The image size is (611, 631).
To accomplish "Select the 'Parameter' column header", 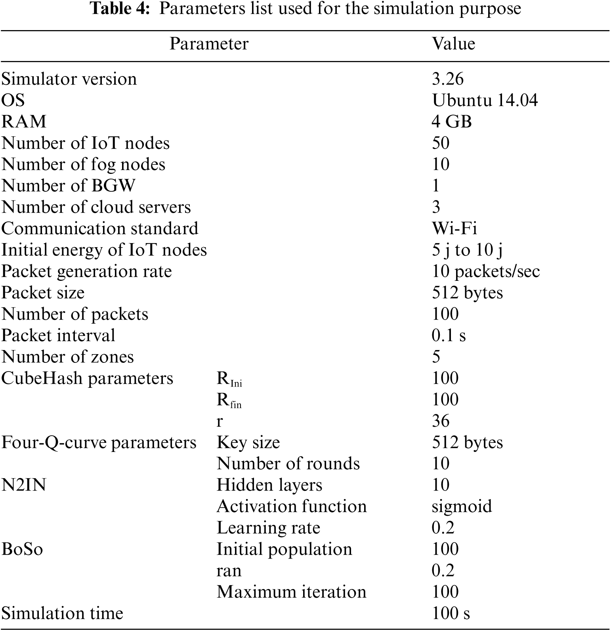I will point(209,44).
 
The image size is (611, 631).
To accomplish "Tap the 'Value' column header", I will point(453,44).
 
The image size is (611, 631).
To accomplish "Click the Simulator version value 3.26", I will point(447,79).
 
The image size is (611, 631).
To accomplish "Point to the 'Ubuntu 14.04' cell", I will point(485,100).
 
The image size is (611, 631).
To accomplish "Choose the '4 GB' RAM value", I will point(451,122).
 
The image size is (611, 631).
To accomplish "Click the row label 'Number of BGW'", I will point(68,186).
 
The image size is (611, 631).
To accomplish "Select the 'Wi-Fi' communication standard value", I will point(454,229).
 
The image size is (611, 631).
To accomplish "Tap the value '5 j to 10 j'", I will point(467,250).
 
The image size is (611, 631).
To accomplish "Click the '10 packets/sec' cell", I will point(485,271).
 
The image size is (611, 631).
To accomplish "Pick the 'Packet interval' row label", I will point(58,336).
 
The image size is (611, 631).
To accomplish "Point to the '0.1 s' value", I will point(449,336).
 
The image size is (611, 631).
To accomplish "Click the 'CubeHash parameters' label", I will point(87,378).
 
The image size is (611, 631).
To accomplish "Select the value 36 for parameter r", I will point(441,421).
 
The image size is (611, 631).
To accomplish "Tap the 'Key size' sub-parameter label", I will point(248,442).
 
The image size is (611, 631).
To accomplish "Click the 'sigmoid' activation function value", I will point(462,507).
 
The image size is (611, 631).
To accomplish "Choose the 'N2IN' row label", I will point(24,485).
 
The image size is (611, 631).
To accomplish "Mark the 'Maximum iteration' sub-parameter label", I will point(291,592).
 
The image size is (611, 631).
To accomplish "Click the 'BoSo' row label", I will point(22,549).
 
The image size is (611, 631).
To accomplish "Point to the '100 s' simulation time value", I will point(451,614).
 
